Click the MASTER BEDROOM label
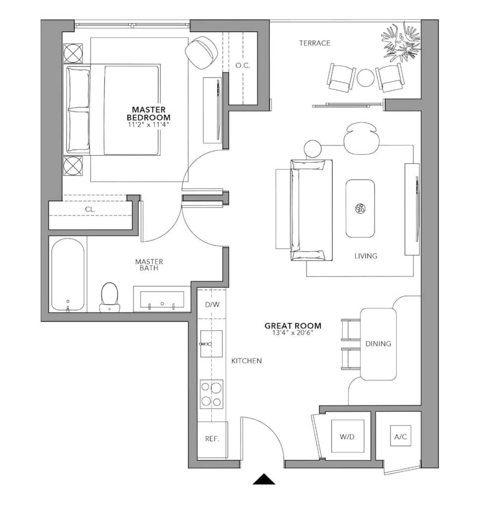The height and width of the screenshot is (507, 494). click(149, 113)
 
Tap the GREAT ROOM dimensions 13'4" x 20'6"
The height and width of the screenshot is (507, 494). click(293, 333)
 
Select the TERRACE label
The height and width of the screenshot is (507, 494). click(315, 43)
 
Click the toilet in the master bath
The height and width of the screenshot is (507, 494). click(109, 297)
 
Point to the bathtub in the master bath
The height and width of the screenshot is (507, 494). click(68, 274)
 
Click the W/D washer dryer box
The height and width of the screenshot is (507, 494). click(347, 436)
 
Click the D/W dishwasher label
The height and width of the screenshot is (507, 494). click(212, 304)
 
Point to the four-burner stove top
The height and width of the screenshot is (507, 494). click(212, 394)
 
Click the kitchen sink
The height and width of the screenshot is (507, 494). click(211, 344)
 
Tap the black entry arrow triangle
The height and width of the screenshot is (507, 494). click(264, 479)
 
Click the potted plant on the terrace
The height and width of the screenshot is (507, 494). click(401, 43)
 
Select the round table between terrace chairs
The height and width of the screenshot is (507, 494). click(366, 78)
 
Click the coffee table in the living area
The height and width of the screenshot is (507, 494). click(360, 209)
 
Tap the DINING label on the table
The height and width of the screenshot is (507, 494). click(378, 344)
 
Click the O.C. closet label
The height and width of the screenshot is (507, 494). click(243, 66)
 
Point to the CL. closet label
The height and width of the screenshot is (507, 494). click(90, 209)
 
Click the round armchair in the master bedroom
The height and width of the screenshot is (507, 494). click(201, 52)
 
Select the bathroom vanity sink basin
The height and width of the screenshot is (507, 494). click(162, 299)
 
